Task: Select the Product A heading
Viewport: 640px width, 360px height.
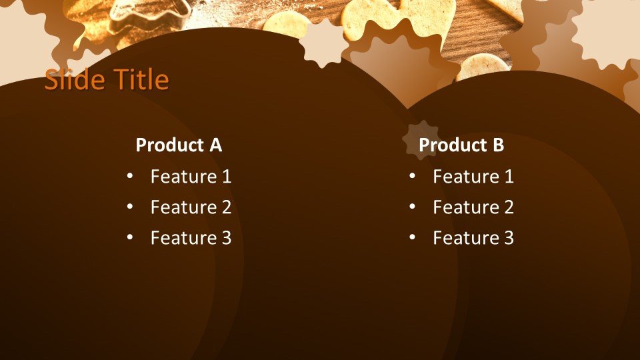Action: coord(178,145)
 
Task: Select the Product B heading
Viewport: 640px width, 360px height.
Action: coord(461,145)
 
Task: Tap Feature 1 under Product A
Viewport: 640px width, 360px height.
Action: coord(191,177)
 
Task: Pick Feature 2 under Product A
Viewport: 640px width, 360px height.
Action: coord(191,207)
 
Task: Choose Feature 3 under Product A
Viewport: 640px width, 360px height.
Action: coord(191,238)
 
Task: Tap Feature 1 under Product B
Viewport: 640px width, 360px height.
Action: coord(473,177)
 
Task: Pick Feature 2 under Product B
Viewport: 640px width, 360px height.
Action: coord(473,207)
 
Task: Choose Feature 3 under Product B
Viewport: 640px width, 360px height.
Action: coord(473,238)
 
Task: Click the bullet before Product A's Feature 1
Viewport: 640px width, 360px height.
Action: coord(129,177)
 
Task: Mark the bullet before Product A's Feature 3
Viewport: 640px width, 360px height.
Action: coord(129,237)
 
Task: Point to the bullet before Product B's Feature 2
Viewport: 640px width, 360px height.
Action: coord(412,207)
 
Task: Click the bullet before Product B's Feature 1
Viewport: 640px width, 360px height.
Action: coord(412,177)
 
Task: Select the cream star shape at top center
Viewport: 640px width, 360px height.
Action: coord(323,42)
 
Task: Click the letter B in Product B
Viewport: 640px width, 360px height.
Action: coord(497,145)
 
